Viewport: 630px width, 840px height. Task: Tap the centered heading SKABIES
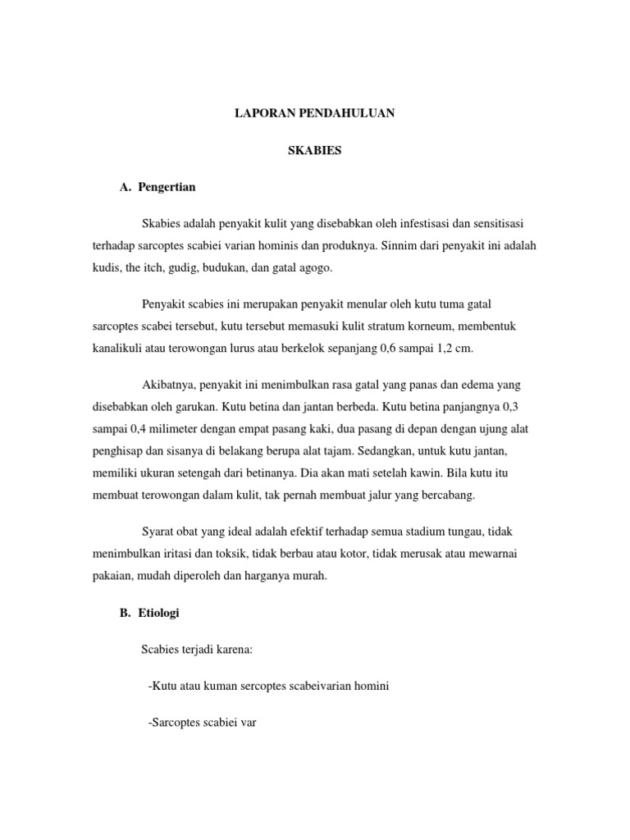315,151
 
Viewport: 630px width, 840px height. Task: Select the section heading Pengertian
168,187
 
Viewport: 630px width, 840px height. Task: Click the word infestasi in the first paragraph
411,223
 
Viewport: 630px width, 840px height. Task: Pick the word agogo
314,267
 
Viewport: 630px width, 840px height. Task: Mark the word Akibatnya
169,385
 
